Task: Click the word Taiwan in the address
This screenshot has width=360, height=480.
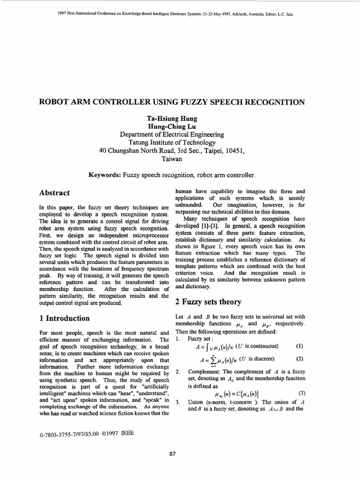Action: [x=172, y=159]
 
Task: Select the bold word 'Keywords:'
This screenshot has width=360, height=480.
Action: [x=105, y=175]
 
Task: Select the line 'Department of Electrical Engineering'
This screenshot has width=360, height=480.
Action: [x=172, y=135]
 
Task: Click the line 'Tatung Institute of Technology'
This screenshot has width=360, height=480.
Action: [x=172, y=143]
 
